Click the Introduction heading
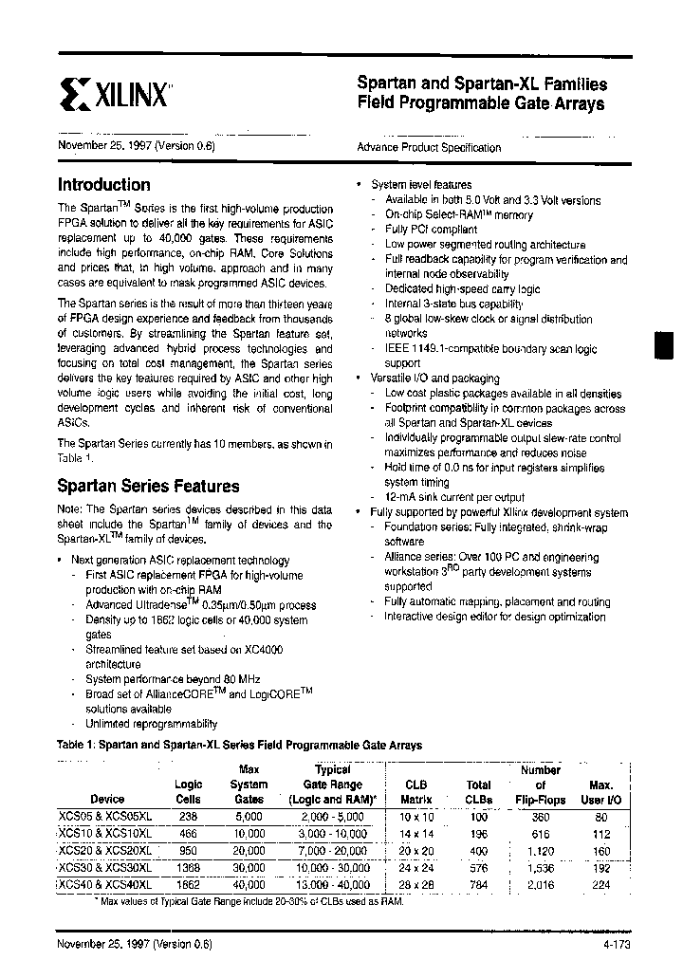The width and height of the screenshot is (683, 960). tap(104, 185)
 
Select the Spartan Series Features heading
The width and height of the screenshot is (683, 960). tap(149, 486)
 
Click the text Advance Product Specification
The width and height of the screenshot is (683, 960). tap(429, 148)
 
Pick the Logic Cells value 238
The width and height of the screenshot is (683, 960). tap(188, 816)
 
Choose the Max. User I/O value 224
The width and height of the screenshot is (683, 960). tap(600, 884)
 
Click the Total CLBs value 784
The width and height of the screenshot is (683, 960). tap(478, 884)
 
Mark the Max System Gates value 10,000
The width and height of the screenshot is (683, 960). tap(249, 833)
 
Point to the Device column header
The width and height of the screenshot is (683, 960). tap(107, 799)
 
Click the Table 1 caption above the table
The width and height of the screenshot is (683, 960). tap(240, 746)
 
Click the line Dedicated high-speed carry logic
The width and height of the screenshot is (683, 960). tap(462, 289)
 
